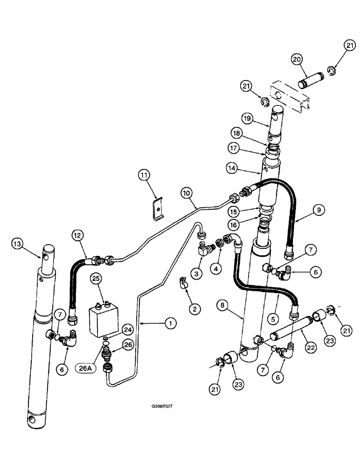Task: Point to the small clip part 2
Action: pos(183,282)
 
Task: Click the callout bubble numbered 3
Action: pos(198,274)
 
